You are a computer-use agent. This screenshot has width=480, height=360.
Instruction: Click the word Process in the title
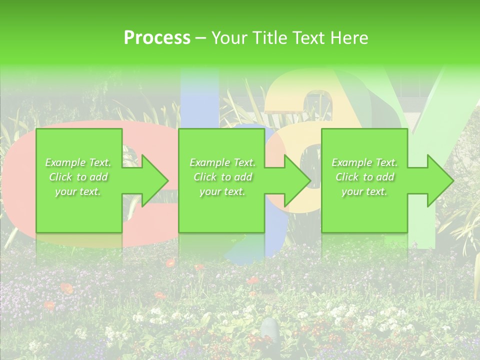click(x=157, y=38)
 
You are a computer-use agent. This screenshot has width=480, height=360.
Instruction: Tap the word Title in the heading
click(x=269, y=38)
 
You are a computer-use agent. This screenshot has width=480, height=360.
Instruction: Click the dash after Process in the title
click(x=201, y=38)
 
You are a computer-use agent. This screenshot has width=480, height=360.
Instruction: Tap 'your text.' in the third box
click(x=364, y=191)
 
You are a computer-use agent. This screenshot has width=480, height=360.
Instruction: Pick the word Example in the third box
click(x=352, y=162)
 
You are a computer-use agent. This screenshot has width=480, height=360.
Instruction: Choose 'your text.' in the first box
click(x=78, y=191)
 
